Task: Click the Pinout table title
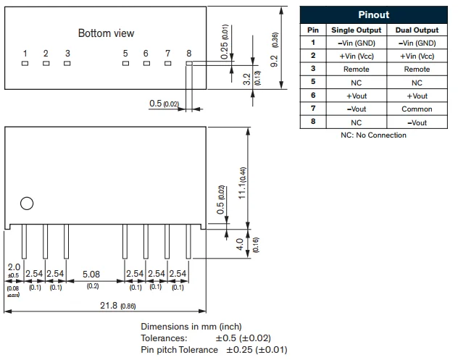tap(373, 14)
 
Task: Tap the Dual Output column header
tap(417, 30)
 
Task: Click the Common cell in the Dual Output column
tap(417, 109)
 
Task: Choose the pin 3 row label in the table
tap(313, 70)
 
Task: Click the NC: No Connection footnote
tap(373, 135)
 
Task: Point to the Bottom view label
tap(106, 33)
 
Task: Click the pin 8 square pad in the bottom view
tap(188, 63)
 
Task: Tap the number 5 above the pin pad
tap(125, 53)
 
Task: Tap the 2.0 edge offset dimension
tap(14, 267)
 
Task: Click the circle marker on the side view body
tap(27, 204)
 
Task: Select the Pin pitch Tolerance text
tap(179, 350)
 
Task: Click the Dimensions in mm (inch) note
tap(191, 327)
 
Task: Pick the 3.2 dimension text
tap(247, 78)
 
